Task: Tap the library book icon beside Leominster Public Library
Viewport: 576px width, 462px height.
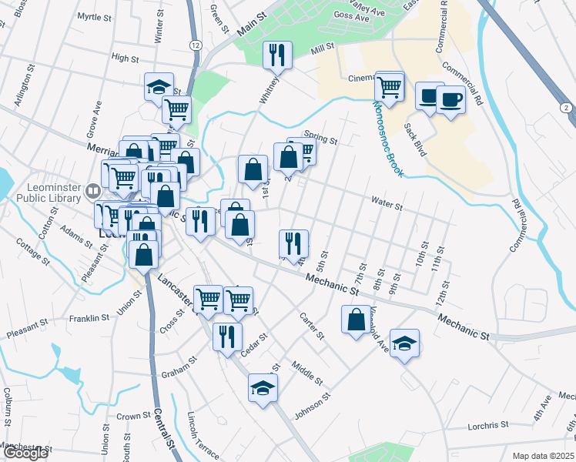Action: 92,189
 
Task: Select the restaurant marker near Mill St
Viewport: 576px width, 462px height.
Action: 277,55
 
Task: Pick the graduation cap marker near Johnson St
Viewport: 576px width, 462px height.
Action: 263,387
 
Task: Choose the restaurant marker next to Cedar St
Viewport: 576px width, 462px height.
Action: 228,336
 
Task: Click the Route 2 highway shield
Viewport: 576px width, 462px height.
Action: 567,109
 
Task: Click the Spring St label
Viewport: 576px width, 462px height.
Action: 321,139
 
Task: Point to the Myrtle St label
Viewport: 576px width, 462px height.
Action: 95,16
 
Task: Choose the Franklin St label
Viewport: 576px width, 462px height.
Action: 89,318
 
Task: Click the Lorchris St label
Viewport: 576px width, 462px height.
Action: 488,424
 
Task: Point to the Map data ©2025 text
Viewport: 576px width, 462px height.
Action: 544,456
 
